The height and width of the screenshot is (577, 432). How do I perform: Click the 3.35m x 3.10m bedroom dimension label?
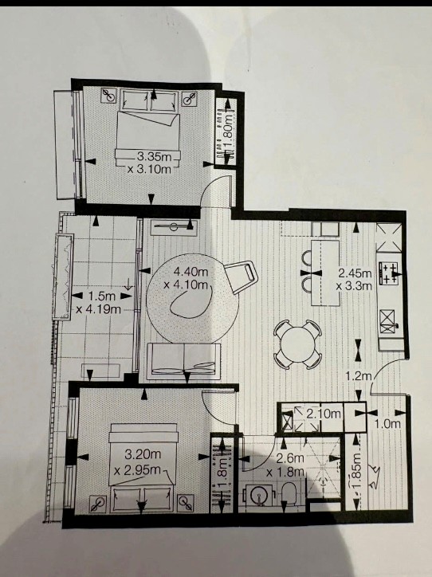pyautogui.click(x=149, y=163)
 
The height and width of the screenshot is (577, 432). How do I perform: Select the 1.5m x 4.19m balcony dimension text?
pyautogui.click(x=99, y=302)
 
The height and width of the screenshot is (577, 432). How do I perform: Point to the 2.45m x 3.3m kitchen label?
pyautogui.click(x=355, y=279)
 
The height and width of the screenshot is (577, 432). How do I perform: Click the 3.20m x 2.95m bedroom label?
pyautogui.click(x=137, y=461)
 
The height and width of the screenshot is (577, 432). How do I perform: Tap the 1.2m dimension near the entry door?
pyautogui.click(x=359, y=375)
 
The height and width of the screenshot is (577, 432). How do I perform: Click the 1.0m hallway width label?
pyautogui.click(x=387, y=424)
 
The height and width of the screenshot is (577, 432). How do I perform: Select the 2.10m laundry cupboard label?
pyautogui.click(x=324, y=414)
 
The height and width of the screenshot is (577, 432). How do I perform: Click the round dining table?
pyautogui.click(x=298, y=344)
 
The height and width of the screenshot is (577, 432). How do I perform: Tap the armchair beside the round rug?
pyautogui.click(x=242, y=276)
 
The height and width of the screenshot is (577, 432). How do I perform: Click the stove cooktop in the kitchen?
pyautogui.click(x=390, y=273)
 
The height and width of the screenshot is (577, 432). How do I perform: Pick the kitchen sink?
pyautogui.click(x=387, y=321)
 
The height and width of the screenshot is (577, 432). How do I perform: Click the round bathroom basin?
pyautogui.click(x=260, y=496)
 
